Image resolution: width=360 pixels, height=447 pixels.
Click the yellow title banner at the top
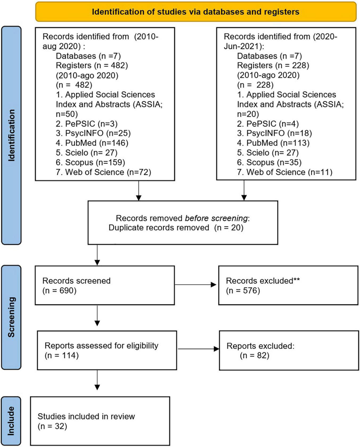click(196, 12)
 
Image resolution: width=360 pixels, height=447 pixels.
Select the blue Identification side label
click(11, 135)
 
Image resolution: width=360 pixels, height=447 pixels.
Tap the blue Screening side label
click(11, 317)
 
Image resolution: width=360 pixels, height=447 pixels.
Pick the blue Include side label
click(11, 421)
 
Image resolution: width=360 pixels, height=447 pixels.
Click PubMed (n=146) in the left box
click(92, 143)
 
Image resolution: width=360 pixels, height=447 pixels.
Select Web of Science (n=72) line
click(104, 172)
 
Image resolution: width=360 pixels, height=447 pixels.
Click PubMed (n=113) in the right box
click(273, 143)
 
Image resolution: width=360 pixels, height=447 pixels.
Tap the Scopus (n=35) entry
click(269, 162)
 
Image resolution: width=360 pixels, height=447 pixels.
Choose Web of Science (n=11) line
click(285, 172)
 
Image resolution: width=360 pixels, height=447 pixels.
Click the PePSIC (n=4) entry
click(268, 124)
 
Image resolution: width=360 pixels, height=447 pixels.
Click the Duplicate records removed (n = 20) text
click(176, 228)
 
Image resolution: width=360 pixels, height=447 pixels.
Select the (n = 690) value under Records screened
click(59, 291)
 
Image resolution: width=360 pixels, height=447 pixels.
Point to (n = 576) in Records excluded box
click(243, 291)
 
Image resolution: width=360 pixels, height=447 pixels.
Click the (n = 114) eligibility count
click(62, 355)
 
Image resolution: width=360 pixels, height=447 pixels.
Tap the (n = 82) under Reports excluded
click(255, 355)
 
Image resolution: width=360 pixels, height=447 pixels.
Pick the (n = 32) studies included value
click(52, 426)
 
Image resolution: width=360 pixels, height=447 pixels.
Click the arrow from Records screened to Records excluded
click(196, 285)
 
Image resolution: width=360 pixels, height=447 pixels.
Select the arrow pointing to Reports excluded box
click(198, 349)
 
